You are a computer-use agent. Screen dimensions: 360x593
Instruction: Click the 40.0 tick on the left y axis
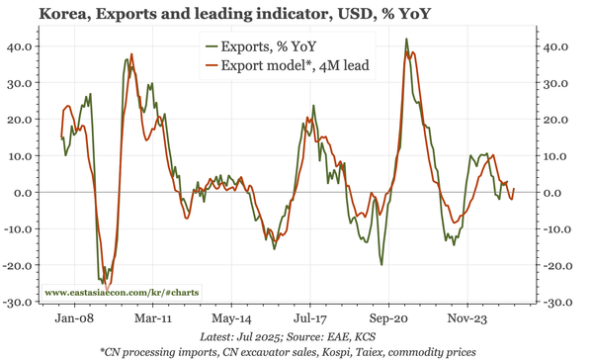coord(20,45)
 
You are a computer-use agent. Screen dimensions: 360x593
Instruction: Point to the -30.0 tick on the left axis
coord(18,302)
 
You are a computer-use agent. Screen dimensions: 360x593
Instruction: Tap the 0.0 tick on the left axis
coord(24,192)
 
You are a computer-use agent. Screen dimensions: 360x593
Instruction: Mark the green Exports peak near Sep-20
coord(406,40)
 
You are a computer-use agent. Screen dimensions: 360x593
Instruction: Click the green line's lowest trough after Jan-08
coord(102,285)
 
